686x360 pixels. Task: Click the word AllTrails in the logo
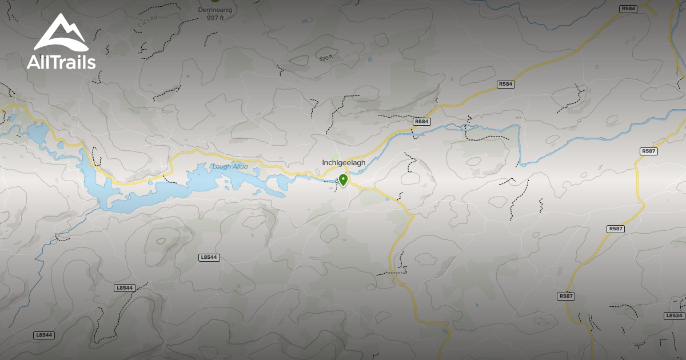[61, 62]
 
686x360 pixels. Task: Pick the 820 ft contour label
[325, 58]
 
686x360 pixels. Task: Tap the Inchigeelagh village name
[344, 163]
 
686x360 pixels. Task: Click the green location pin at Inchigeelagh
[343, 180]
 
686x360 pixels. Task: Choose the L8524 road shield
[675, 315]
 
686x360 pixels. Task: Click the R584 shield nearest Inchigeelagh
[421, 122]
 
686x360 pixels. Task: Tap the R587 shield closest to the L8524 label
[566, 296]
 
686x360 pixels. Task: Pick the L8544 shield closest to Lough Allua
[209, 258]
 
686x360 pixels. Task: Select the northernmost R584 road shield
[628, 9]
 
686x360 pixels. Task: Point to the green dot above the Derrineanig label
[215, 1]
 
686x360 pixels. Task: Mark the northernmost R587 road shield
[649, 151]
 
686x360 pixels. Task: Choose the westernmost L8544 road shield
[44, 335]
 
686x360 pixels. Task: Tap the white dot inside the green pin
[343, 179]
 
